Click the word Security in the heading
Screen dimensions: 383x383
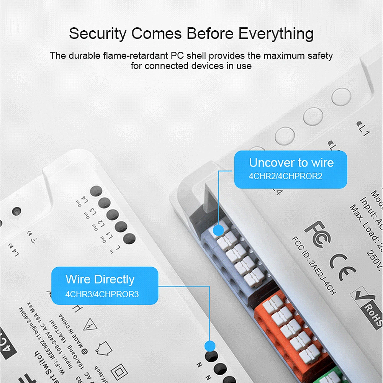coord(97,34)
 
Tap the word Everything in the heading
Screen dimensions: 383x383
coord(276,34)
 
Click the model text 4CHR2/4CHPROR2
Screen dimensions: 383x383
coord(286,177)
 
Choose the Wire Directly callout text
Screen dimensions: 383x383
coord(100,279)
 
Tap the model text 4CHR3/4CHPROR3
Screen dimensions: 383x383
coord(101,294)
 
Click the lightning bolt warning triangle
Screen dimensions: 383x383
coord(91,325)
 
